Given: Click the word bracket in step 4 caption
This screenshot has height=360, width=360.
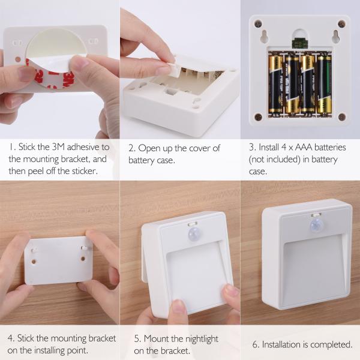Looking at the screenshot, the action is (x=102, y=338).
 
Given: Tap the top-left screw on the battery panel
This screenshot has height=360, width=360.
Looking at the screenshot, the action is (x=258, y=23).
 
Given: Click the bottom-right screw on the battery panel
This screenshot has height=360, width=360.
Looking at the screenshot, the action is (x=341, y=117).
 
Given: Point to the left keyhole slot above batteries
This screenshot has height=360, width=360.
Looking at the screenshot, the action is (x=264, y=36).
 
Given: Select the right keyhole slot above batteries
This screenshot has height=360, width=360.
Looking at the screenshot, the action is (x=336, y=36).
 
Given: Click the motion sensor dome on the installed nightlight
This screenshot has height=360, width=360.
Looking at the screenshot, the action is (x=316, y=225).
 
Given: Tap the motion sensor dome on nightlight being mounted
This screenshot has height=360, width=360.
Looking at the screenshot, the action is (x=194, y=234).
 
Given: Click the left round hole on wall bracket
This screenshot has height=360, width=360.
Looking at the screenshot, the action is (x=34, y=262).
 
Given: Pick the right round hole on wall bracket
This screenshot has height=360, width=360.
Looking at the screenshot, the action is (x=83, y=259).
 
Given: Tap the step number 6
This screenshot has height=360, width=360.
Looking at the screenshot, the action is (x=256, y=344).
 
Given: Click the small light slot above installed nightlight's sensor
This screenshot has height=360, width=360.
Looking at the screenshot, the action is (x=316, y=215).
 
